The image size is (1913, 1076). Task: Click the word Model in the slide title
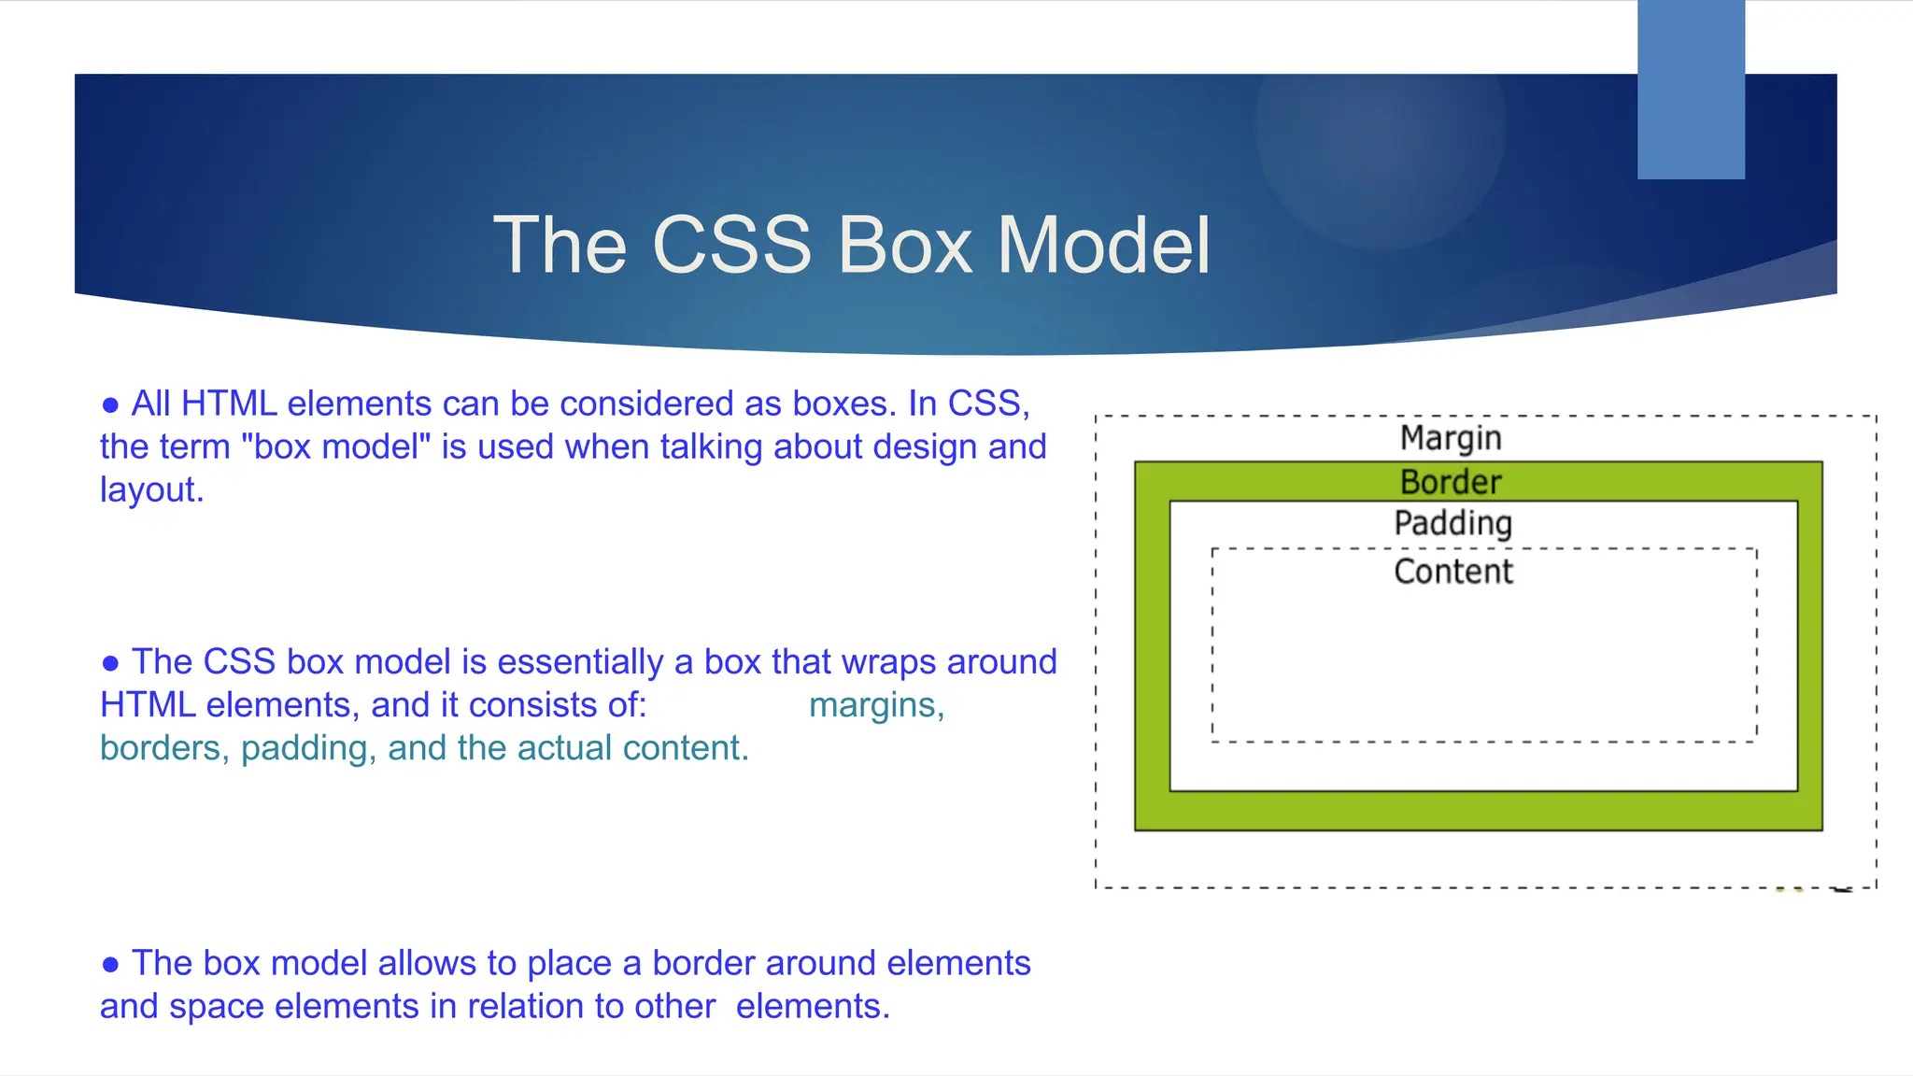tap(1103, 245)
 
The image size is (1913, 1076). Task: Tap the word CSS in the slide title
tap(731, 245)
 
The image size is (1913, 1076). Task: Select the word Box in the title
tap(904, 245)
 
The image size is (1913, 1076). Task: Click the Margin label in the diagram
tap(1451, 437)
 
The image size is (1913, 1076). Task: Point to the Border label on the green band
tap(1451, 482)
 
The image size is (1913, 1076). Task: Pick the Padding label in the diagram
tap(1452, 523)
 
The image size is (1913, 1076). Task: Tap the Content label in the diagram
tap(1453, 571)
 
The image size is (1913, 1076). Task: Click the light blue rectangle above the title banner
tap(1691, 90)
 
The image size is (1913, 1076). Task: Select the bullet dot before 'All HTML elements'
tap(110, 405)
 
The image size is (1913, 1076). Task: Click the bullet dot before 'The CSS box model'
tap(110, 663)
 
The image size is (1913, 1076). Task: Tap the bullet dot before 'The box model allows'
tap(110, 965)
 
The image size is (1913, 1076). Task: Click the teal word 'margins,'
tap(876, 705)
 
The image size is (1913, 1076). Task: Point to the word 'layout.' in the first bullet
tap(151, 489)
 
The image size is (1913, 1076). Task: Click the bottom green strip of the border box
tap(1478, 811)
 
